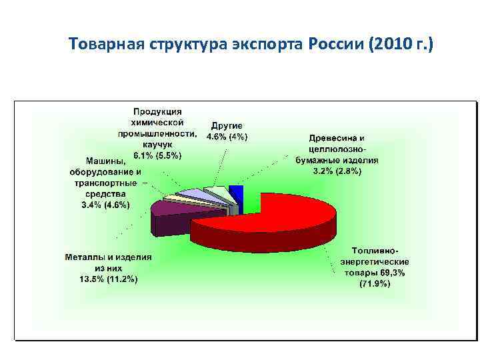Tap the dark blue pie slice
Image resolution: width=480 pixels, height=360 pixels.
point(235,193)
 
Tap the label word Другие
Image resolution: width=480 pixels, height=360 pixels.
point(227,126)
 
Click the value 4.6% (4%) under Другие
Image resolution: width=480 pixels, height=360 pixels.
point(227,137)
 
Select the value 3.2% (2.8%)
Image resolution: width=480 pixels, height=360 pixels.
point(337,171)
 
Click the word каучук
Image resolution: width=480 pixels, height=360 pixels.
point(157,144)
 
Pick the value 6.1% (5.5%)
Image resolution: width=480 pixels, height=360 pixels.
point(157,155)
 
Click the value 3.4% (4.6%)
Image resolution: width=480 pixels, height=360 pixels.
point(105,204)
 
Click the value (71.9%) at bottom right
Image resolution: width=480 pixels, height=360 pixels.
point(375,284)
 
